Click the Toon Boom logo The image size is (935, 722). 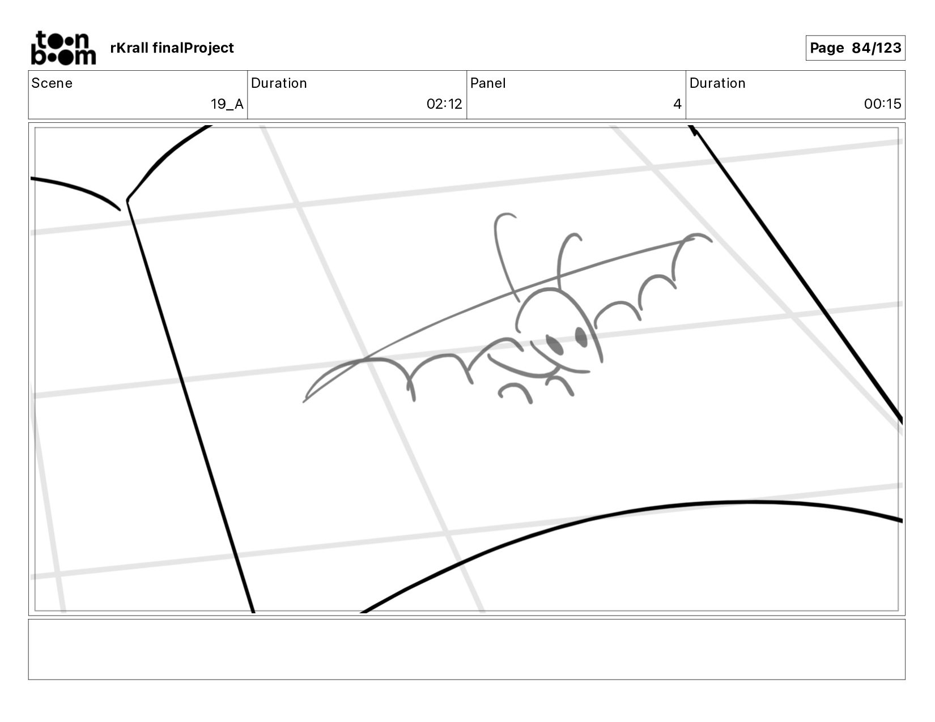pyautogui.click(x=63, y=48)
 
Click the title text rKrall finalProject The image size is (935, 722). pyautogui.click(x=172, y=48)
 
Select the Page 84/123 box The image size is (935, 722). pyautogui.click(x=855, y=48)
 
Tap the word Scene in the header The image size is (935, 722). pyautogui.click(x=52, y=83)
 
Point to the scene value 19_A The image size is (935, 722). pyautogui.click(x=227, y=104)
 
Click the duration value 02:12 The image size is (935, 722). pyautogui.click(x=444, y=104)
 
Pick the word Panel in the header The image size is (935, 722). pyautogui.click(x=488, y=83)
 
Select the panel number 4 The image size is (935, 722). pyautogui.click(x=677, y=104)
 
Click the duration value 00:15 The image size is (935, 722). pyautogui.click(x=882, y=104)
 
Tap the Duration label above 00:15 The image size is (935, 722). pyautogui.click(x=717, y=83)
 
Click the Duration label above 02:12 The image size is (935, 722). pyautogui.click(x=279, y=83)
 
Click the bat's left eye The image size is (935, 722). pyautogui.click(x=555, y=345)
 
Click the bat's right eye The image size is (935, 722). pyautogui.click(x=581, y=336)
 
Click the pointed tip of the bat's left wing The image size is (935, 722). pyautogui.click(x=305, y=401)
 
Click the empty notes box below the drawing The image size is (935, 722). pyautogui.click(x=466, y=649)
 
